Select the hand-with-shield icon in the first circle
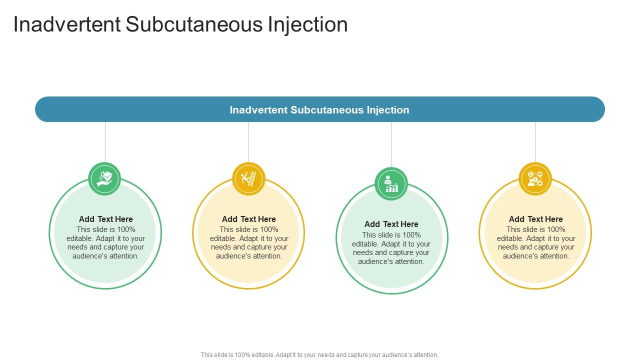tap(105, 178)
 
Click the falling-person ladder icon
tap(248, 178)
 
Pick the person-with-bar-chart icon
tap(391, 183)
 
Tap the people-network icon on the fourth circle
tap(535, 178)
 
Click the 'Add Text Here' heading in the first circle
tap(106, 219)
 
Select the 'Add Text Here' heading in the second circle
tap(249, 219)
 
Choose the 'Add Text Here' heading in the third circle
tap(391, 224)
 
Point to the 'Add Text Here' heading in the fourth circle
tap(536, 219)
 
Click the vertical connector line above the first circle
tap(105, 142)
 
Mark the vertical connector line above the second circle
tap(248, 142)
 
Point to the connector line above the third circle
tap(391, 144)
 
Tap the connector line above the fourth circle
tap(535, 142)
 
